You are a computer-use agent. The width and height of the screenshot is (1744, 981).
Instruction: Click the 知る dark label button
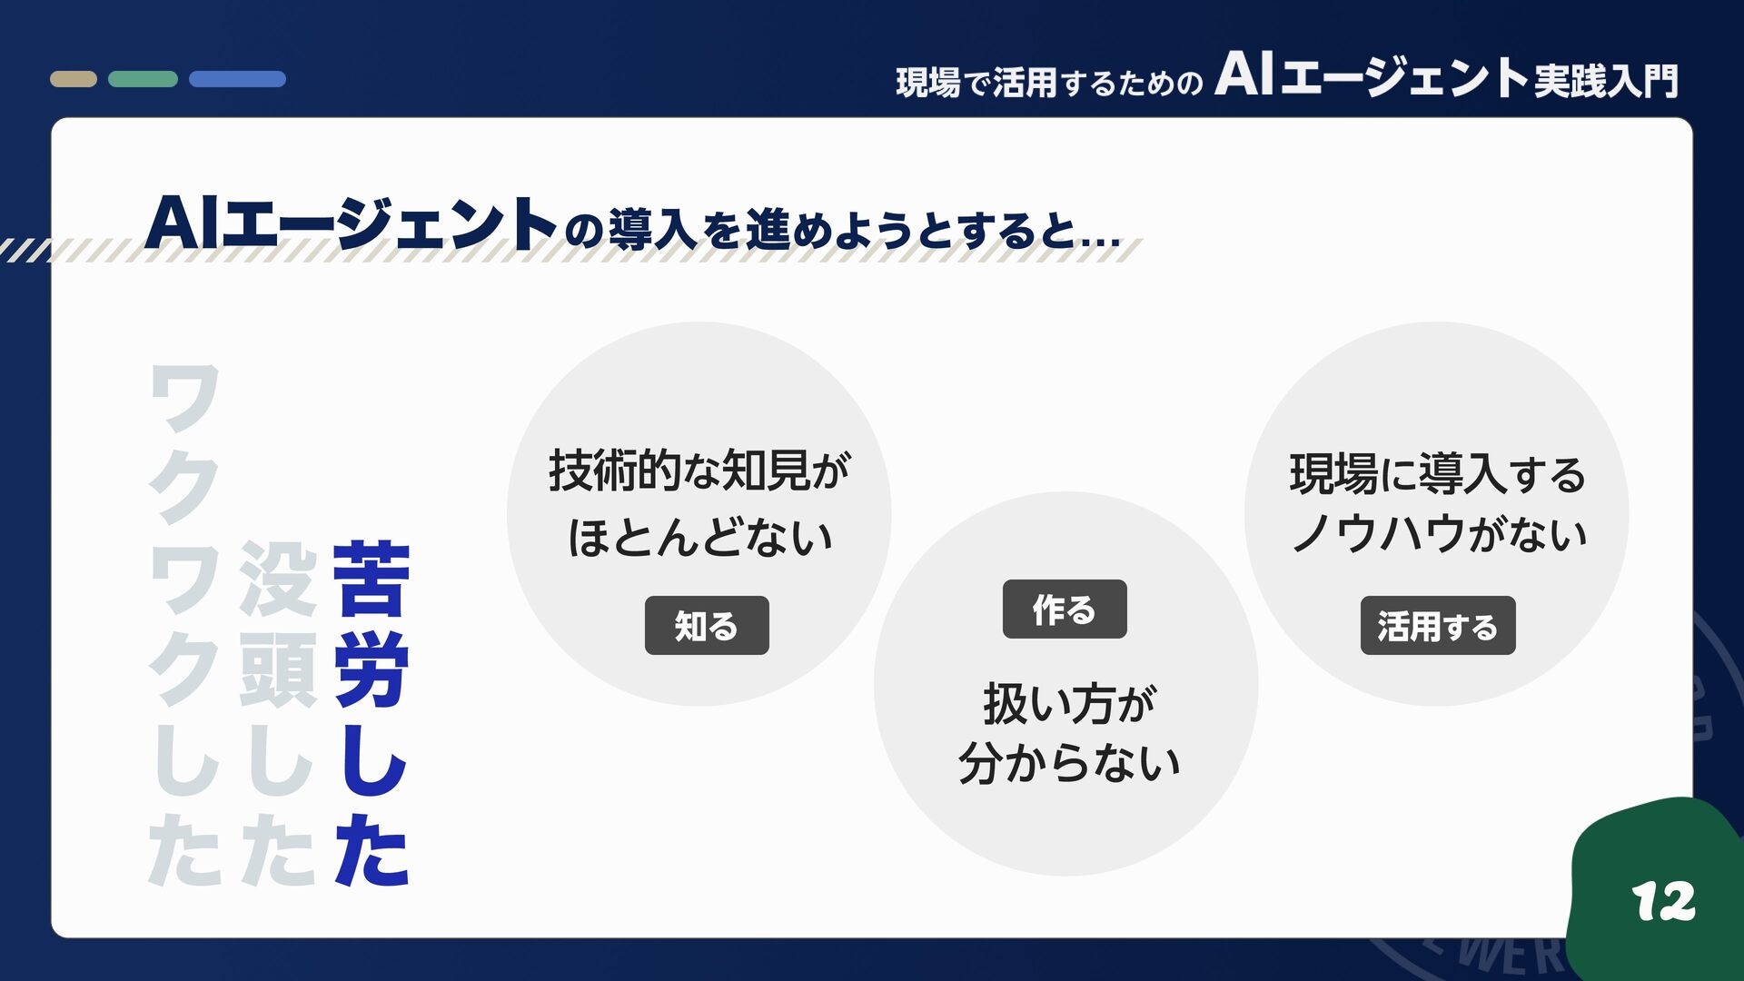click(x=707, y=626)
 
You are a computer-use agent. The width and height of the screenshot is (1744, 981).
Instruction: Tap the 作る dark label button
click(x=1065, y=609)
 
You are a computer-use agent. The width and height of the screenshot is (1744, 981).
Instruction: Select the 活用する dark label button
click(x=1438, y=626)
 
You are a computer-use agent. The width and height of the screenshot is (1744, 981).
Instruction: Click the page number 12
click(x=1663, y=902)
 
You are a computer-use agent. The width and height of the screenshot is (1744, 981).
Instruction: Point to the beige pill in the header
click(x=74, y=79)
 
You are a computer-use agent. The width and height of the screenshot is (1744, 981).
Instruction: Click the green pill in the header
click(x=143, y=79)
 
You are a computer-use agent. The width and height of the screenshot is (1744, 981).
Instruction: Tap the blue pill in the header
click(x=237, y=79)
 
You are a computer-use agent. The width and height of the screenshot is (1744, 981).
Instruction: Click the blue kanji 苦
click(x=372, y=579)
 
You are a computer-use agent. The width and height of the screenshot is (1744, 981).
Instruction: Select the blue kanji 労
click(x=372, y=671)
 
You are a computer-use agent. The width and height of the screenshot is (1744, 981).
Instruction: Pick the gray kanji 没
click(x=278, y=579)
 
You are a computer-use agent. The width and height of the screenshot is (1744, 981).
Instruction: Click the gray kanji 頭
click(x=278, y=671)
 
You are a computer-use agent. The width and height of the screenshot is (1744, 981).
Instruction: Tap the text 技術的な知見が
click(x=699, y=471)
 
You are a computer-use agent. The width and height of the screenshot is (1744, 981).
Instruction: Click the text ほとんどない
click(x=699, y=537)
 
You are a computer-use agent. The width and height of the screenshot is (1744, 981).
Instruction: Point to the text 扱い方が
click(x=1069, y=704)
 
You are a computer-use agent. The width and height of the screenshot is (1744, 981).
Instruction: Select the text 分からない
click(x=1069, y=763)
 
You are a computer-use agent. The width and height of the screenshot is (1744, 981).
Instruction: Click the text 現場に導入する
click(x=1437, y=474)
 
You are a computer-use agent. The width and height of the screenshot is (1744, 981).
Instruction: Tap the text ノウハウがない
click(x=1439, y=533)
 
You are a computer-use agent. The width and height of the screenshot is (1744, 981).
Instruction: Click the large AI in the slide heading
click(x=181, y=223)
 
